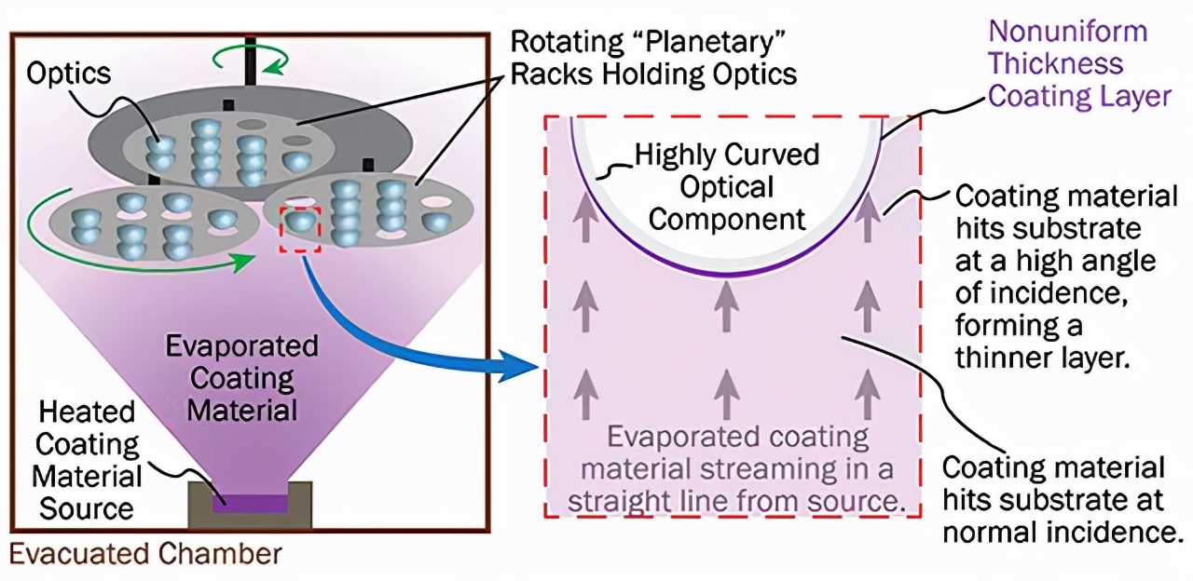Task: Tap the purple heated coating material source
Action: coord(250,504)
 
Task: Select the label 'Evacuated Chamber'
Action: coord(144,555)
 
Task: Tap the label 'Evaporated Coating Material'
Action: coord(241,377)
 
